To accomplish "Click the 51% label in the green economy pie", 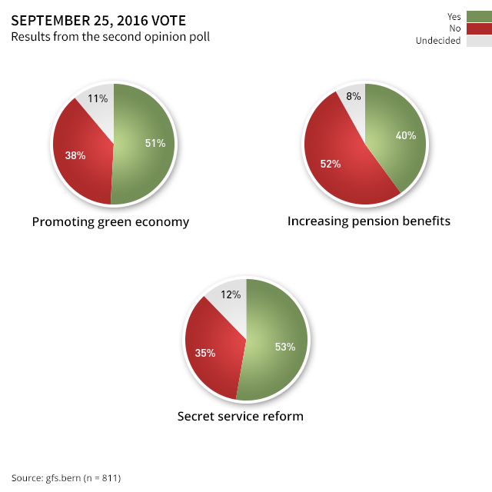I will [x=155, y=143].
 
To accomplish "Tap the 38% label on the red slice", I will [x=75, y=155].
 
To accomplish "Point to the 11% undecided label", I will [x=98, y=98].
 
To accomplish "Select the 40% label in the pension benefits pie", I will [x=406, y=135].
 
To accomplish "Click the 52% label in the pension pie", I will [x=331, y=164].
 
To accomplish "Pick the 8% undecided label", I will [x=354, y=96].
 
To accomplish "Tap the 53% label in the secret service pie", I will [x=285, y=347].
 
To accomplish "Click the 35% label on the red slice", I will [x=205, y=354].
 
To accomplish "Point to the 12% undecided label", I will [x=231, y=294].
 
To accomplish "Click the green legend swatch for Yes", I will [x=478, y=16].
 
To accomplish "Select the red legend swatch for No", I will [x=478, y=28].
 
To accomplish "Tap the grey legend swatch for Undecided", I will [x=478, y=41].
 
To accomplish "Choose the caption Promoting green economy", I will [x=111, y=222].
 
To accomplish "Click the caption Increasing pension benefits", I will [x=369, y=221].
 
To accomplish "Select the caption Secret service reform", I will [x=241, y=417].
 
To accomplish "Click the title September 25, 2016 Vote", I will [x=98, y=20].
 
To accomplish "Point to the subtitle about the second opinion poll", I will [x=111, y=36].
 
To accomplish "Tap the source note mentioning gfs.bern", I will [x=66, y=477].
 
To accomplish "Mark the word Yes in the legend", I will [x=454, y=16].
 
